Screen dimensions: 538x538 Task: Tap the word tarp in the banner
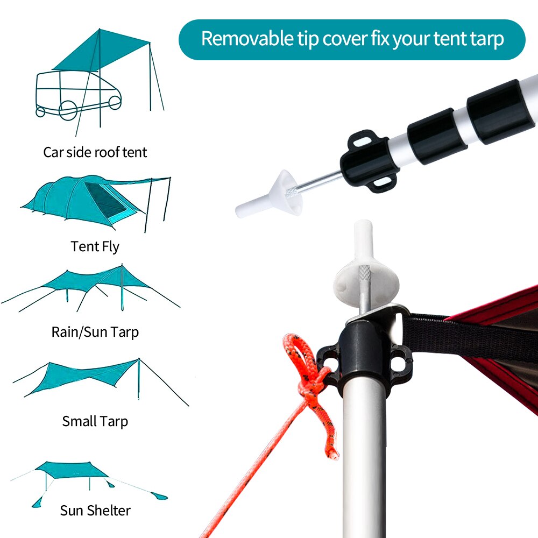click(483, 39)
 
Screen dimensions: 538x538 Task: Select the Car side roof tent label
click(95, 152)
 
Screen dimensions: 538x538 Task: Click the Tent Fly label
click(95, 246)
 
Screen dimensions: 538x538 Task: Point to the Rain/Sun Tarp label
click(95, 331)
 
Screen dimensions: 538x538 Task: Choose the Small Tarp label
click(95, 421)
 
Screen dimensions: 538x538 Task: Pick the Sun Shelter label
click(95, 509)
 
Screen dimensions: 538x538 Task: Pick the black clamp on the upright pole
click(366, 355)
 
